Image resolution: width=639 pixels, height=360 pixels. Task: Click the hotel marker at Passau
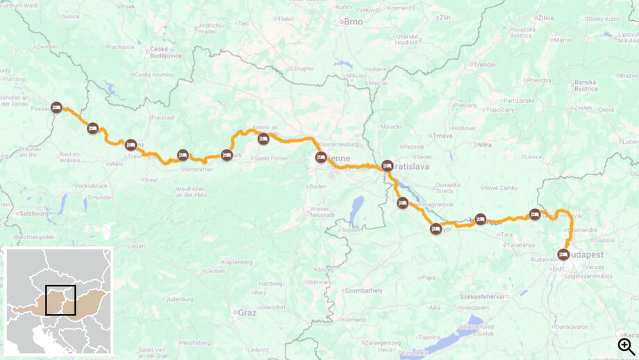click(x=57, y=108)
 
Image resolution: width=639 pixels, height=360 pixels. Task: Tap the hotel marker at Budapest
click(x=563, y=255)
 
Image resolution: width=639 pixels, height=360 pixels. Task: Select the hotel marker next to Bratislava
click(x=388, y=166)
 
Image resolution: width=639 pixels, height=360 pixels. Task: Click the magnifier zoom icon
click(x=626, y=345)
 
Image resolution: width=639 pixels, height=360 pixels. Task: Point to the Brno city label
click(x=352, y=22)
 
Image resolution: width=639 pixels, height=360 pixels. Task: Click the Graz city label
click(x=247, y=313)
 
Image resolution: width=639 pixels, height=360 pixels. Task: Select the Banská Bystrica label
click(x=586, y=85)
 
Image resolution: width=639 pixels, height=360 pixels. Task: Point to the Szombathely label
click(x=364, y=291)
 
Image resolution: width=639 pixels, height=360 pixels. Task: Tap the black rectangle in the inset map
click(x=60, y=300)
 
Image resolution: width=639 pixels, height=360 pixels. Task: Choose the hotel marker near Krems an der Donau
click(x=263, y=139)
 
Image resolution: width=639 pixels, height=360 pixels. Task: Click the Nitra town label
click(x=484, y=145)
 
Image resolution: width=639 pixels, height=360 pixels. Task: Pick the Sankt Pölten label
click(x=271, y=158)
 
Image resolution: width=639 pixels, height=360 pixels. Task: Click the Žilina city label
click(x=546, y=17)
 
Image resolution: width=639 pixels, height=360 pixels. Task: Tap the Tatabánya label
click(x=520, y=245)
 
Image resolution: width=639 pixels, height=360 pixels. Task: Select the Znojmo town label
click(x=304, y=69)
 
